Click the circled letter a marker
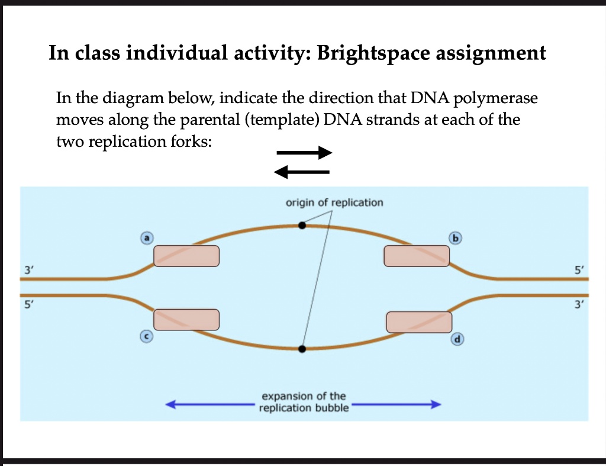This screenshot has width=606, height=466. [x=147, y=238]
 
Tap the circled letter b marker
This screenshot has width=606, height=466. [x=455, y=238]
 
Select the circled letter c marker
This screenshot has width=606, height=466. [x=146, y=336]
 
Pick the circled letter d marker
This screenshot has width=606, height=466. [x=457, y=339]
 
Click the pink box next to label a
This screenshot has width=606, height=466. [x=186, y=256]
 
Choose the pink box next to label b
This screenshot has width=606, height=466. [x=417, y=256]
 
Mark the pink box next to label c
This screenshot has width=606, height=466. [x=186, y=319]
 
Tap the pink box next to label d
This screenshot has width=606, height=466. [x=420, y=322]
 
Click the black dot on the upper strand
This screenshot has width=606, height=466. [x=302, y=225]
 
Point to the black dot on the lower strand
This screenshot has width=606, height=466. [x=302, y=349]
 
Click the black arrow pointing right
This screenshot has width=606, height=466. [x=304, y=153]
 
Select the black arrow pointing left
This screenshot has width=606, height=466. [x=301, y=172]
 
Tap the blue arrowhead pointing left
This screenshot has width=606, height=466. [x=170, y=404]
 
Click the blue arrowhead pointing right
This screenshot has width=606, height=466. [x=436, y=404]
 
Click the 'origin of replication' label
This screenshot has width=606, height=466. [x=334, y=203]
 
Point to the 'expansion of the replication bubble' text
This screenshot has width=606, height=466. [x=304, y=402]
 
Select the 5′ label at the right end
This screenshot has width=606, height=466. [x=579, y=269]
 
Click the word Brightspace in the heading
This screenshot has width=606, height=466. [x=373, y=53]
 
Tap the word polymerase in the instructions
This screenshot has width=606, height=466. [x=495, y=99]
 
